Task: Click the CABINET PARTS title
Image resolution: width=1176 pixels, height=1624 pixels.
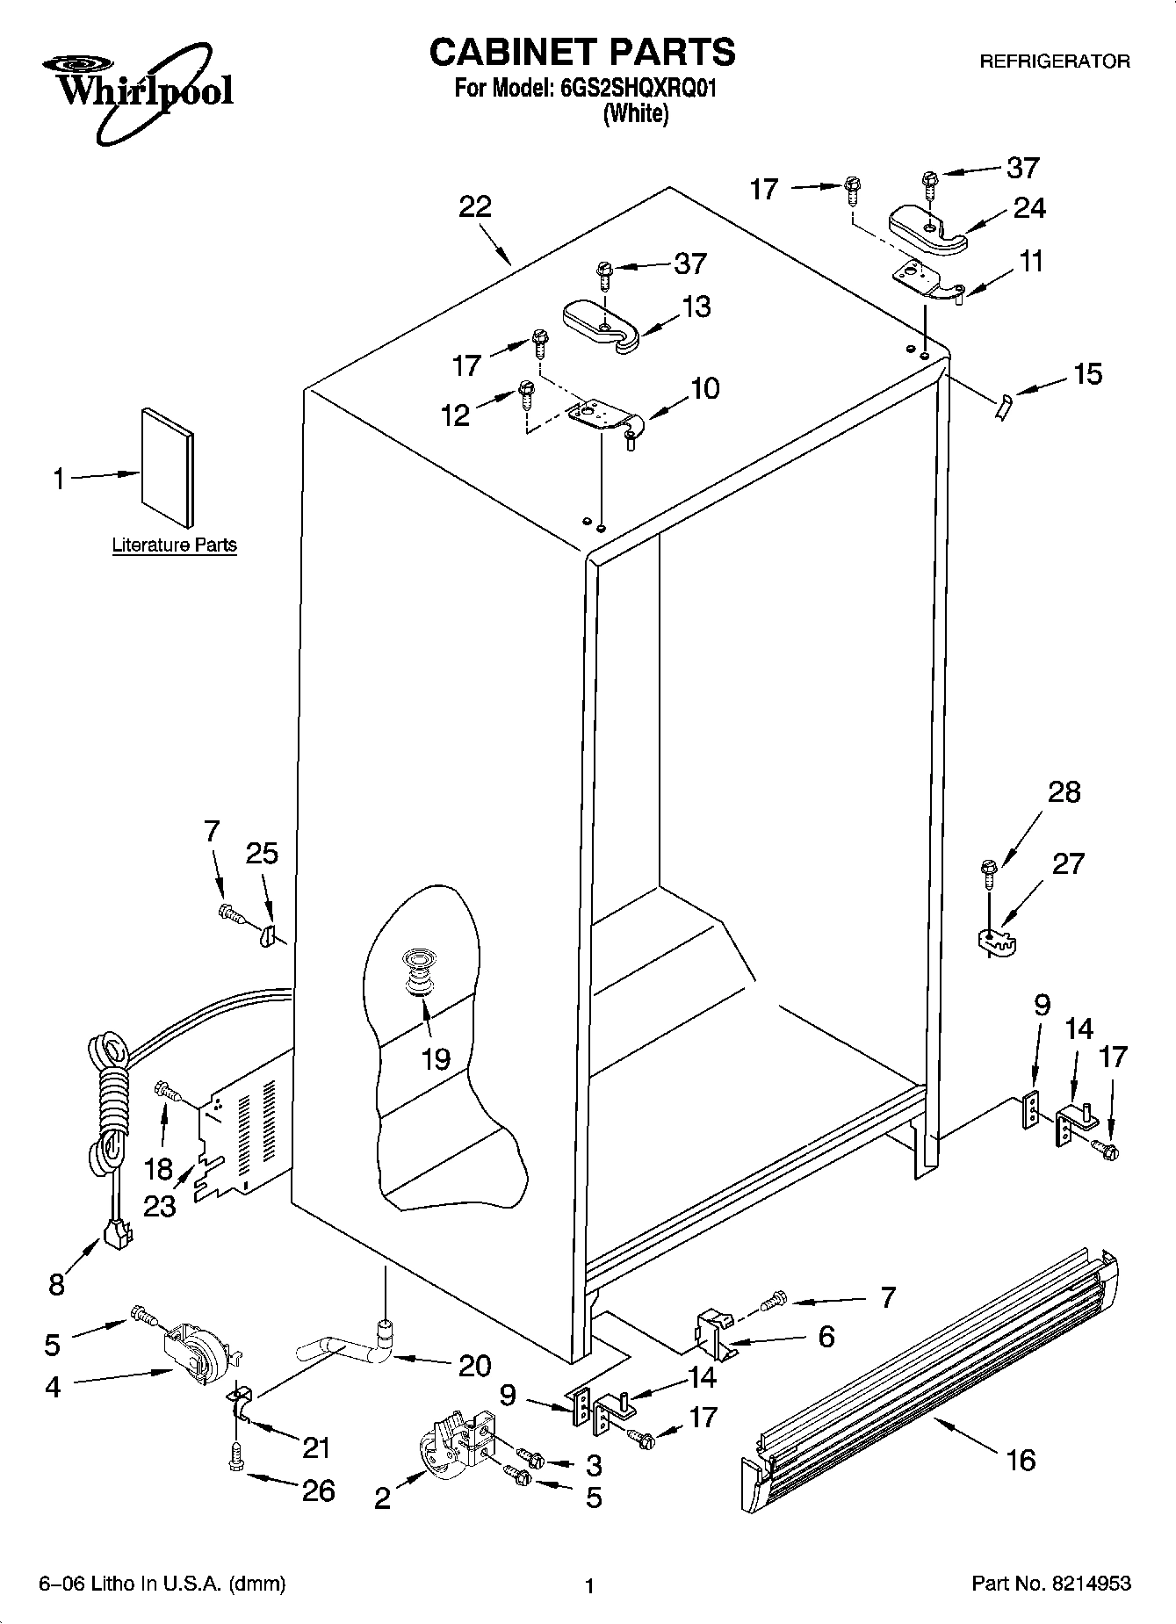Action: (581, 53)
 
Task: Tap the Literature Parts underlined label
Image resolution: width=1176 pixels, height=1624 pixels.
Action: (175, 545)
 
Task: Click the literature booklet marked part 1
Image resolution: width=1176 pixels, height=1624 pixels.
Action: (167, 470)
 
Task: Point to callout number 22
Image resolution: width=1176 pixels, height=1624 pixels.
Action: (475, 208)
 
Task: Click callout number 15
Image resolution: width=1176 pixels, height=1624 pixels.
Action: (1087, 375)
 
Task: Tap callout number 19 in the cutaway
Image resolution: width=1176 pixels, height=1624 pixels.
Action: (436, 1058)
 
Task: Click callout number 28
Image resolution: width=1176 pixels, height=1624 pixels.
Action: (1064, 793)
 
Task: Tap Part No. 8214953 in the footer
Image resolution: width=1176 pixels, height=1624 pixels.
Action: (1050, 1585)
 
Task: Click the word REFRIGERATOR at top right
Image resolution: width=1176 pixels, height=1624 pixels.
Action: (1054, 61)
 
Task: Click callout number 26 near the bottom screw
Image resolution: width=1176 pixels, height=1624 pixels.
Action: (318, 1490)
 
